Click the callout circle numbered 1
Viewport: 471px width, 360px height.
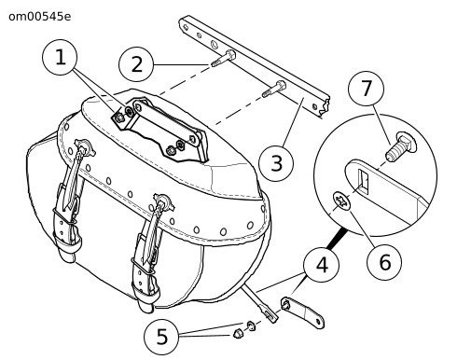pyautogui.click(x=60, y=57)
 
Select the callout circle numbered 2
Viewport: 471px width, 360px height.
pyautogui.click(x=136, y=64)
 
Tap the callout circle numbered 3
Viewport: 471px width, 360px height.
pyautogui.click(x=276, y=163)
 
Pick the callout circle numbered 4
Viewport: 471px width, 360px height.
pyautogui.click(x=322, y=265)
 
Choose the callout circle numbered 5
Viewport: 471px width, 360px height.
pyautogui.click(x=161, y=337)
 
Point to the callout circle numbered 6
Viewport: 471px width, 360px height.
pyautogui.click(x=384, y=262)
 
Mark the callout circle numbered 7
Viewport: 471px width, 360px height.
pyautogui.click(x=366, y=89)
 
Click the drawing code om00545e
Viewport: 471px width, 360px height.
pyautogui.click(x=40, y=17)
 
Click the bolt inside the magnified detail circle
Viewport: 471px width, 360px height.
pyautogui.click(x=401, y=146)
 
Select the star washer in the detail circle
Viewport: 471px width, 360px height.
pyautogui.click(x=342, y=201)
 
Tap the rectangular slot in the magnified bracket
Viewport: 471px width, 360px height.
pyautogui.click(x=363, y=181)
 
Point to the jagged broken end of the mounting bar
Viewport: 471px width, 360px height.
pyautogui.click(x=325, y=105)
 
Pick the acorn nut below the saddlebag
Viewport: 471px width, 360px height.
pyautogui.click(x=238, y=334)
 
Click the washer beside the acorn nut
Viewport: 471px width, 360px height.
pyautogui.click(x=251, y=326)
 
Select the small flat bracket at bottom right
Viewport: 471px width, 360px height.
pyautogui.click(x=302, y=312)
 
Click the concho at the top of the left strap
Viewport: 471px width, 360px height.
pyautogui.click(x=84, y=146)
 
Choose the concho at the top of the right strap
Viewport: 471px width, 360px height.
pyautogui.click(x=164, y=201)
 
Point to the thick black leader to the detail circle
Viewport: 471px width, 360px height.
pyautogui.click(x=337, y=239)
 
